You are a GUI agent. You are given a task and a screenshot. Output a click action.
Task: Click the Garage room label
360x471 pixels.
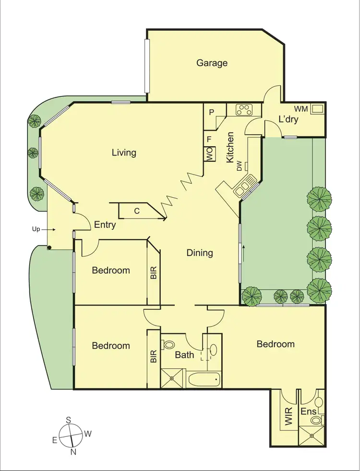(212, 63)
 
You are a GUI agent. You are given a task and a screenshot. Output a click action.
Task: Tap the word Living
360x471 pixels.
(124, 153)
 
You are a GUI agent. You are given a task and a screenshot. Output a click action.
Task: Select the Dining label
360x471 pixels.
(200, 253)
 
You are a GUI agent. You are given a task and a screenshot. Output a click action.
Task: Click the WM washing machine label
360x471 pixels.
(300, 109)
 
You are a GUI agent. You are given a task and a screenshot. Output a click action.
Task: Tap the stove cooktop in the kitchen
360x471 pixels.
(244, 109)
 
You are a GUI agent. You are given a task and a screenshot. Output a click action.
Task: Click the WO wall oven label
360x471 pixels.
(209, 154)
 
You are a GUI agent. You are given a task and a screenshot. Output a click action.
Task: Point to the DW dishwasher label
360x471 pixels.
(239, 166)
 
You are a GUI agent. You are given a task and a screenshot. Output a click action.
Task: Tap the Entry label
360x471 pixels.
(105, 224)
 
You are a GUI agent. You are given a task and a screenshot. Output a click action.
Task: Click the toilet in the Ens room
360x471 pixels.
(315, 420)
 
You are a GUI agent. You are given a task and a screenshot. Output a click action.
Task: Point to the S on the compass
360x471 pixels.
(69, 420)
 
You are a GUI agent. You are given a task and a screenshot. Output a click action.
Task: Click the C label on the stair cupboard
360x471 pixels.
(137, 210)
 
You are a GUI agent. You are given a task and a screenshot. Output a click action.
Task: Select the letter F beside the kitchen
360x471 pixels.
(209, 139)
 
